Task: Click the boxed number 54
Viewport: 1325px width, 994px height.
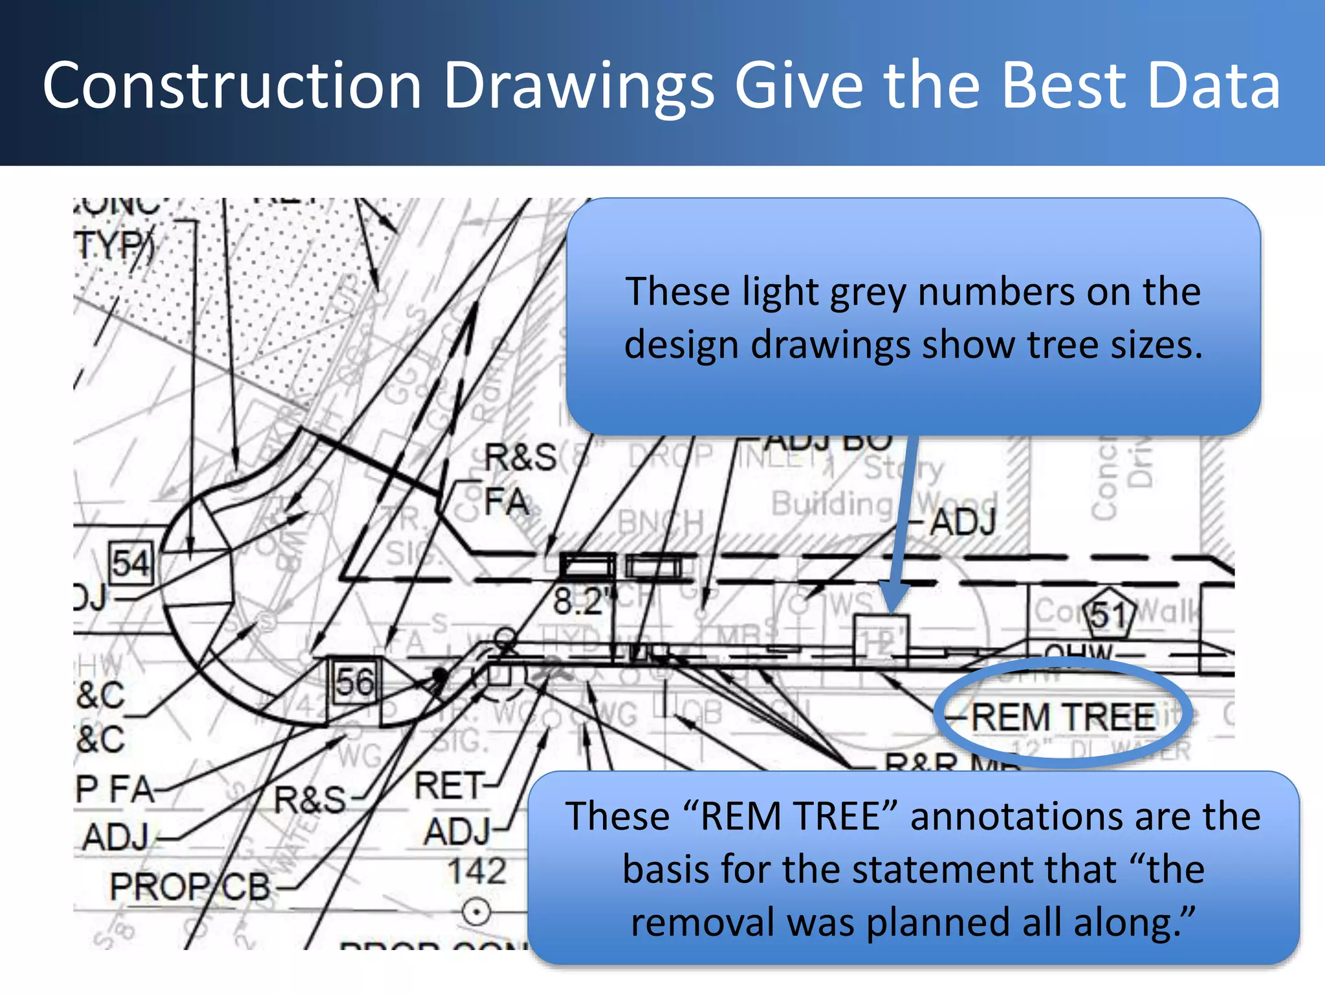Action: click(x=130, y=563)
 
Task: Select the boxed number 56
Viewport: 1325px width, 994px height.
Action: click(x=355, y=682)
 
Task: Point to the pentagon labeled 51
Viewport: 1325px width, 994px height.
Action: click(x=1109, y=613)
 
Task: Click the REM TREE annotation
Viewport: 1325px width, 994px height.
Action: click(x=1064, y=717)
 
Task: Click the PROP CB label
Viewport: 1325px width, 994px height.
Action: click(x=190, y=887)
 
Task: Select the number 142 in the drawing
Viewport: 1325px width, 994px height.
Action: click(x=477, y=870)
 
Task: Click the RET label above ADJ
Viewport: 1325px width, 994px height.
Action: click(x=449, y=786)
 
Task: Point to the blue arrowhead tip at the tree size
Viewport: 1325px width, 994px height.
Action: click(x=891, y=612)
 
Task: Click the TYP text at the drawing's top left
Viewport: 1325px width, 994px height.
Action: click(x=113, y=246)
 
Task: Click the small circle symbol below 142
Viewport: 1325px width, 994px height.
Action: click(x=477, y=913)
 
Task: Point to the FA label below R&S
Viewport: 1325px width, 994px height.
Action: click(x=507, y=502)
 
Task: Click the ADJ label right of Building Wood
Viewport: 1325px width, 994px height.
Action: click(x=963, y=522)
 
